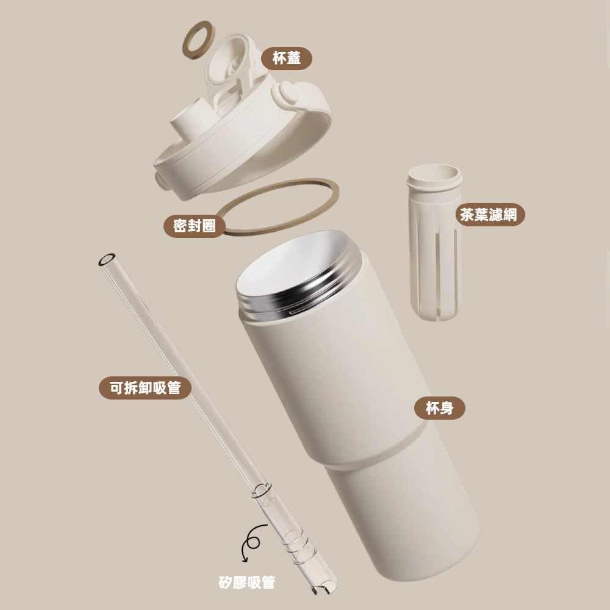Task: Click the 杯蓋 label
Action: (286, 59)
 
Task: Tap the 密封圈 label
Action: (194, 226)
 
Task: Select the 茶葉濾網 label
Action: (489, 214)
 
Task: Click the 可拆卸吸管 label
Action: (145, 388)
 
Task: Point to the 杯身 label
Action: (440, 408)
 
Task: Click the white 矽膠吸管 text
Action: (246, 583)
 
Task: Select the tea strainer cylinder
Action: (435, 241)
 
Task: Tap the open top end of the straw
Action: (107, 259)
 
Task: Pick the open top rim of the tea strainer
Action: (434, 174)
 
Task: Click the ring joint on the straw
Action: (262, 490)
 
